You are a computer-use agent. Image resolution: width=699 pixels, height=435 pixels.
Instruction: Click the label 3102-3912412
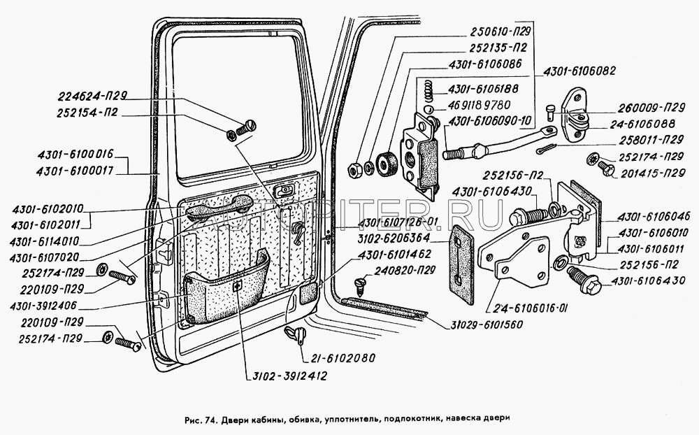287,376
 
